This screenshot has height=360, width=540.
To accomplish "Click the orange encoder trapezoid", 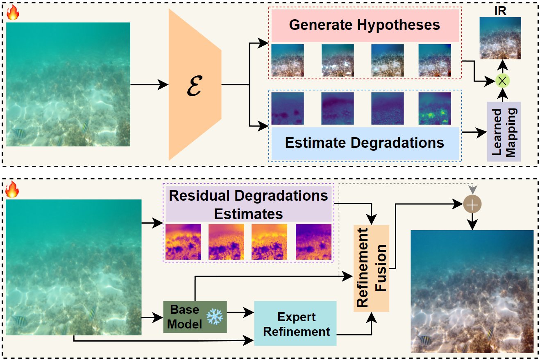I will click(x=195, y=85).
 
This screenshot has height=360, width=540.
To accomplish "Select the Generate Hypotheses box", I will click(x=364, y=25).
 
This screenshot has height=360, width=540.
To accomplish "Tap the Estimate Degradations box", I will click(x=364, y=143).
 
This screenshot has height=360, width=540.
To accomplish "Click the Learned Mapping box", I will click(x=503, y=131).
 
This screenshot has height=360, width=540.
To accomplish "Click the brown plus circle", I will click(x=473, y=204).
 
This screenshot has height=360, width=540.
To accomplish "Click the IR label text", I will click(x=501, y=11).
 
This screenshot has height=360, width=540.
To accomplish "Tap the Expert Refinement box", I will click(x=296, y=324).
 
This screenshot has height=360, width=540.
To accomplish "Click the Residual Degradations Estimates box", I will click(x=248, y=204).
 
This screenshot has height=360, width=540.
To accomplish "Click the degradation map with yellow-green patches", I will click(x=435, y=108).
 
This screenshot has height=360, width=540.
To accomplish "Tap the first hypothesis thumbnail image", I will click(x=288, y=61).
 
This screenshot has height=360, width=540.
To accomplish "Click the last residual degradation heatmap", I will click(x=313, y=242).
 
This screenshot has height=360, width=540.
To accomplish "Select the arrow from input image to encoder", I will click(x=149, y=85).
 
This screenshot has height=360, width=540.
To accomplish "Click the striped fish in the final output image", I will click(x=424, y=339).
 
